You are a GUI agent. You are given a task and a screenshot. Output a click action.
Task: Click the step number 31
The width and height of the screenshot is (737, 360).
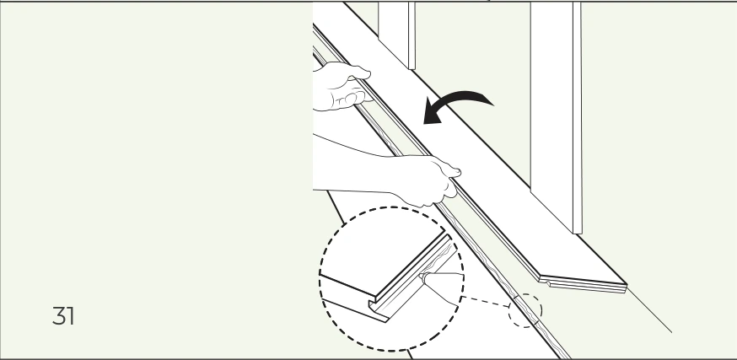point(63,316)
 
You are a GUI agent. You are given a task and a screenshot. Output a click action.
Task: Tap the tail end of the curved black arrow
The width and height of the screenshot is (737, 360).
point(492,103)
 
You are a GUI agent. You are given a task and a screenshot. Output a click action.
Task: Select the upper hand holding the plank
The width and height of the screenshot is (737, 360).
point(341,87)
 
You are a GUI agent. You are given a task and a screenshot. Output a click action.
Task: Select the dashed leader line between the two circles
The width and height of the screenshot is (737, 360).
point(486,301)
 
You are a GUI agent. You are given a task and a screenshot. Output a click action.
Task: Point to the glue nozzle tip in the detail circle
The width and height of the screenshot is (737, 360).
point(422,277)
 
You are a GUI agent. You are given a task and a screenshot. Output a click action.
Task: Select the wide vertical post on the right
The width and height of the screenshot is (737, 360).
point(556,116)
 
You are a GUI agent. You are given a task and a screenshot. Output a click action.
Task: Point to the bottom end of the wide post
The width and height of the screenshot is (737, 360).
point(577,231)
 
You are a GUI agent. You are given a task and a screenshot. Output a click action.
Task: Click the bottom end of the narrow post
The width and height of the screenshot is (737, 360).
point(412,67)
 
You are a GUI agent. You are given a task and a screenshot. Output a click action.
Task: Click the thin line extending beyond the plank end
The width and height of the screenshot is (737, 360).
point(649,310)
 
